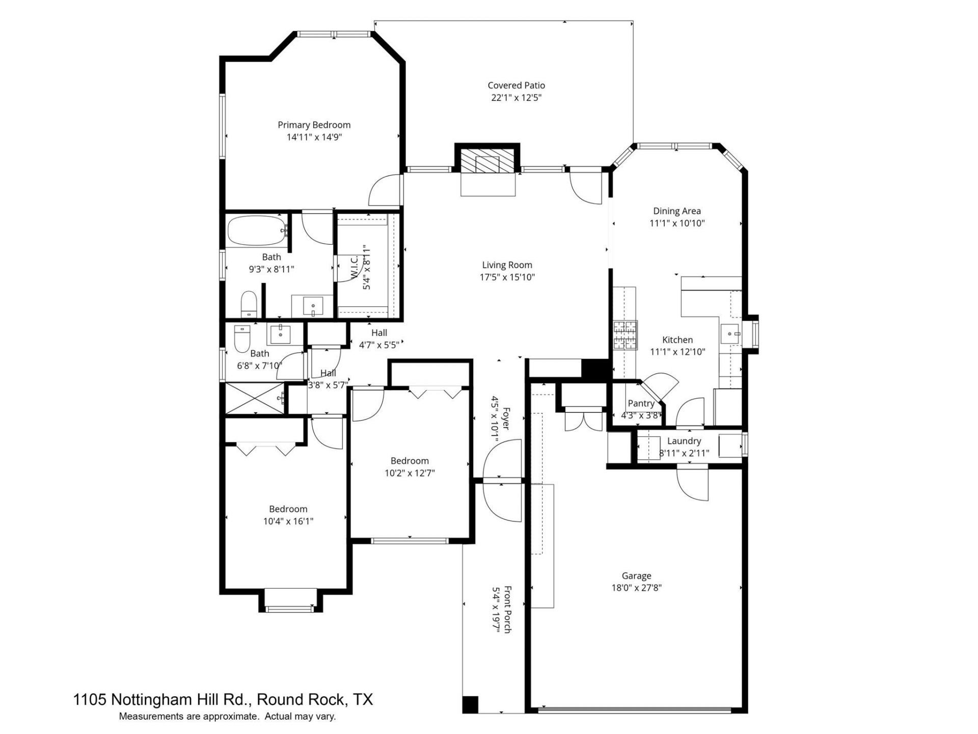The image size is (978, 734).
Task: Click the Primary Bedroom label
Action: (x=314, y=125)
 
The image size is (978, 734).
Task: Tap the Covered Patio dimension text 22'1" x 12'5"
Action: (x=516, y=98)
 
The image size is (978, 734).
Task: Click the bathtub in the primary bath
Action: (x=256, y=232)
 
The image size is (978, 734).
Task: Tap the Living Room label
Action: (x=507, y=265)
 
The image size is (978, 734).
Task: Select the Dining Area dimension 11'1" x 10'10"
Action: (x=677, y=223)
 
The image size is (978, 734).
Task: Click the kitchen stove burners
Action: (x=625, y=335)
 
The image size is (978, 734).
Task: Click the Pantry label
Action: (x=641, y=403)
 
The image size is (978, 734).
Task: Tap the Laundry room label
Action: (x=684, y=441)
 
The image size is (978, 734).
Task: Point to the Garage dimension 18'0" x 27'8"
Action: (x=636, y=588)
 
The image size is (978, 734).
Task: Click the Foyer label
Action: (x=506, y=418)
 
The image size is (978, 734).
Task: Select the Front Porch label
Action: (x=507, y=610)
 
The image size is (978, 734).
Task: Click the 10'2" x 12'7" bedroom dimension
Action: (x=410, y=473)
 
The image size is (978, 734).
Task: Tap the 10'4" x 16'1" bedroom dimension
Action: (x=288, y=521)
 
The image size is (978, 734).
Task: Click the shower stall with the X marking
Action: (x=255, y=398)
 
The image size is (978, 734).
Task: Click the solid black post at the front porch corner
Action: (x=471, y=704)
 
